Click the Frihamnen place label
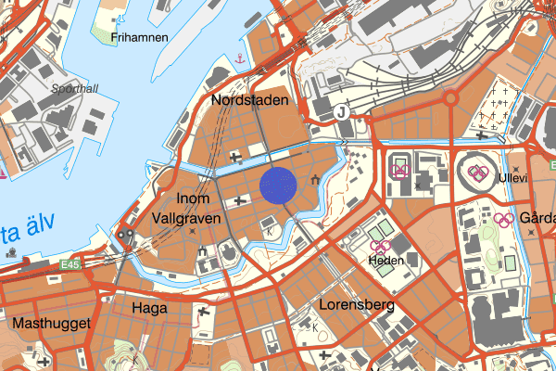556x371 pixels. point(139,37)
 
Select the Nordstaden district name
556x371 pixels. point(250,99)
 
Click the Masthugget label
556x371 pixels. point(51,324)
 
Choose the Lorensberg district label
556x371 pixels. point(357,304)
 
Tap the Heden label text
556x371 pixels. point(385,261)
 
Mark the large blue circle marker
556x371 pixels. point(279,185)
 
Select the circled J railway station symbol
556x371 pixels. point(341,112)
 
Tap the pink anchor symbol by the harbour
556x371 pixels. point(239,59)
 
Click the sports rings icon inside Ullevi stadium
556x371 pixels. point(477,172)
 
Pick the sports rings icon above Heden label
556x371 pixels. point(379,247)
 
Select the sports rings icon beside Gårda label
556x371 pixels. point(503,220)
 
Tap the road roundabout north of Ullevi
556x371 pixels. point(450,97)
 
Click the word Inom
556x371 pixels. point(193,198)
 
